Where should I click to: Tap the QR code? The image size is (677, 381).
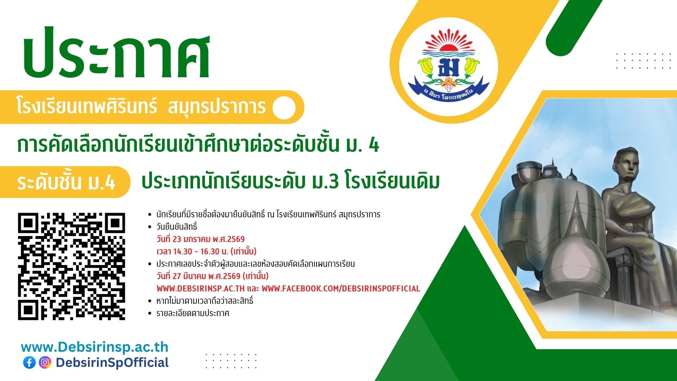pos(72,266)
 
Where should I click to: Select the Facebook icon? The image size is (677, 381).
pos(30,362)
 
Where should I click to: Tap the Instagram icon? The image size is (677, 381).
pos(45,362)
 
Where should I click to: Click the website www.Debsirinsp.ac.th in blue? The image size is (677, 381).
pos(95,347)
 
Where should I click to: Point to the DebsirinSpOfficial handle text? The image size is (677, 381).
pos(112,363)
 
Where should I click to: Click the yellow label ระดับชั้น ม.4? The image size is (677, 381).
pos(66,182)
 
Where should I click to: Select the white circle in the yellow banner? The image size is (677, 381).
pos(284,108)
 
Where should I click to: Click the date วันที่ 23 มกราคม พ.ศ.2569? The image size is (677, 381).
pos(201,239)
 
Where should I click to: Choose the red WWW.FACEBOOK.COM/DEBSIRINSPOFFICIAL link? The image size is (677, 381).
pos(341,289)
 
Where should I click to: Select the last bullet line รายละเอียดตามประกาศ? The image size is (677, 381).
pos(193,313)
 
